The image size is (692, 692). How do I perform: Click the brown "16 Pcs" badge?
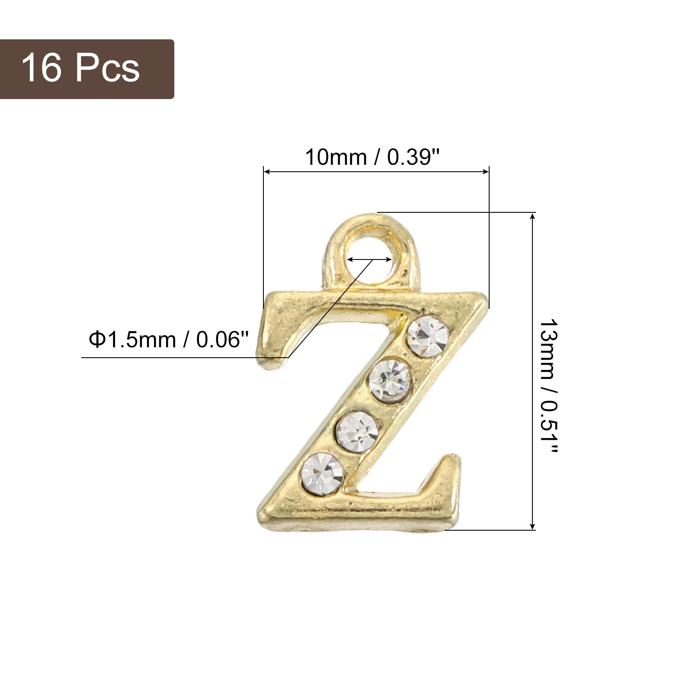tap(86, 69)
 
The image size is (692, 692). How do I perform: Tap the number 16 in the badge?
tap(41, 68)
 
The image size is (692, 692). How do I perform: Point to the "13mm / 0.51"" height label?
tap(549, 386)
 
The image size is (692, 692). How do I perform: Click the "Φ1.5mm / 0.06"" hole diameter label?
tap(169, 340)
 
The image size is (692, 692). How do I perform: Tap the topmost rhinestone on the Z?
tap(428, 336)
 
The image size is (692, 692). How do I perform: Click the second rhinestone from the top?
tap(389, 381)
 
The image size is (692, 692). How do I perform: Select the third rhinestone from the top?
tap(358, 432)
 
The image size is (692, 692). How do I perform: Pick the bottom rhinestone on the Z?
tap(322, 473)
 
